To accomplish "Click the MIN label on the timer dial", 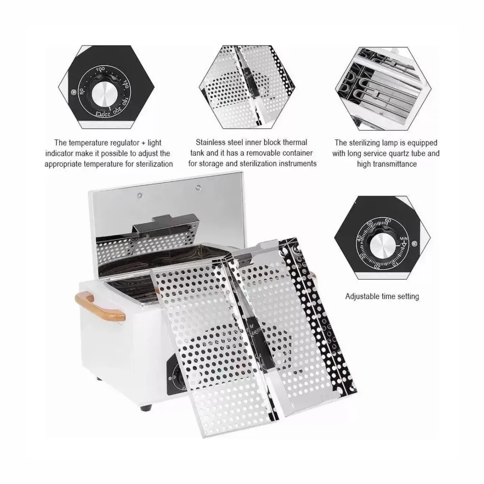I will [403, 239].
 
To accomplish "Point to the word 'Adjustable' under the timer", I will [362, 296].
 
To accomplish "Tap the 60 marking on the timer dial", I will [388, 220].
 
